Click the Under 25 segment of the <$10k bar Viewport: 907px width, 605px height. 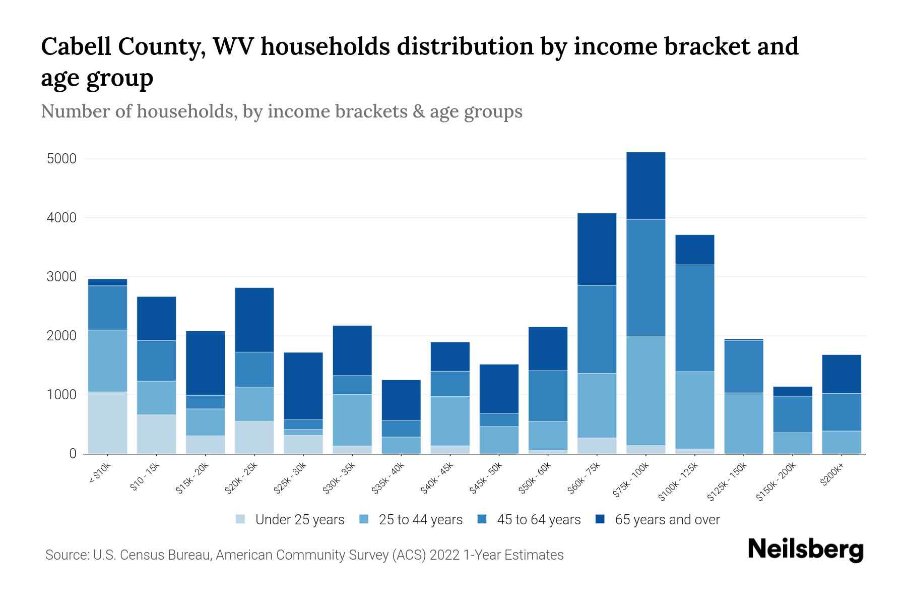(107, 422)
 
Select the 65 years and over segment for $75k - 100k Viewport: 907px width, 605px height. (645, 186)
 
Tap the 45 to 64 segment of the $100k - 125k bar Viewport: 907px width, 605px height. (694, 318)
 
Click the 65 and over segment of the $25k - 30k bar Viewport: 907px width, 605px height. (303, 386)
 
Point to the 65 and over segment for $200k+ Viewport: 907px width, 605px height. (841, 374)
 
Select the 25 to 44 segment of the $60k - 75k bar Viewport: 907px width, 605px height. (597, 405)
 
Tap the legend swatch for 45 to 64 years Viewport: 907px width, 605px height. (482, 519)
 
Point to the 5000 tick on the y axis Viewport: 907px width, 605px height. (61, 159)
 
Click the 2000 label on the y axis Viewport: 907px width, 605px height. (61, 336)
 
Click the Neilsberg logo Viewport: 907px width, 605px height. (805, 550)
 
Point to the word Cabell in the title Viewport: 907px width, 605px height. (76, 47)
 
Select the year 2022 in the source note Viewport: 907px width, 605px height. (444, 555)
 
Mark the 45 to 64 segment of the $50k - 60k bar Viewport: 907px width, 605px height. (548, 396)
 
